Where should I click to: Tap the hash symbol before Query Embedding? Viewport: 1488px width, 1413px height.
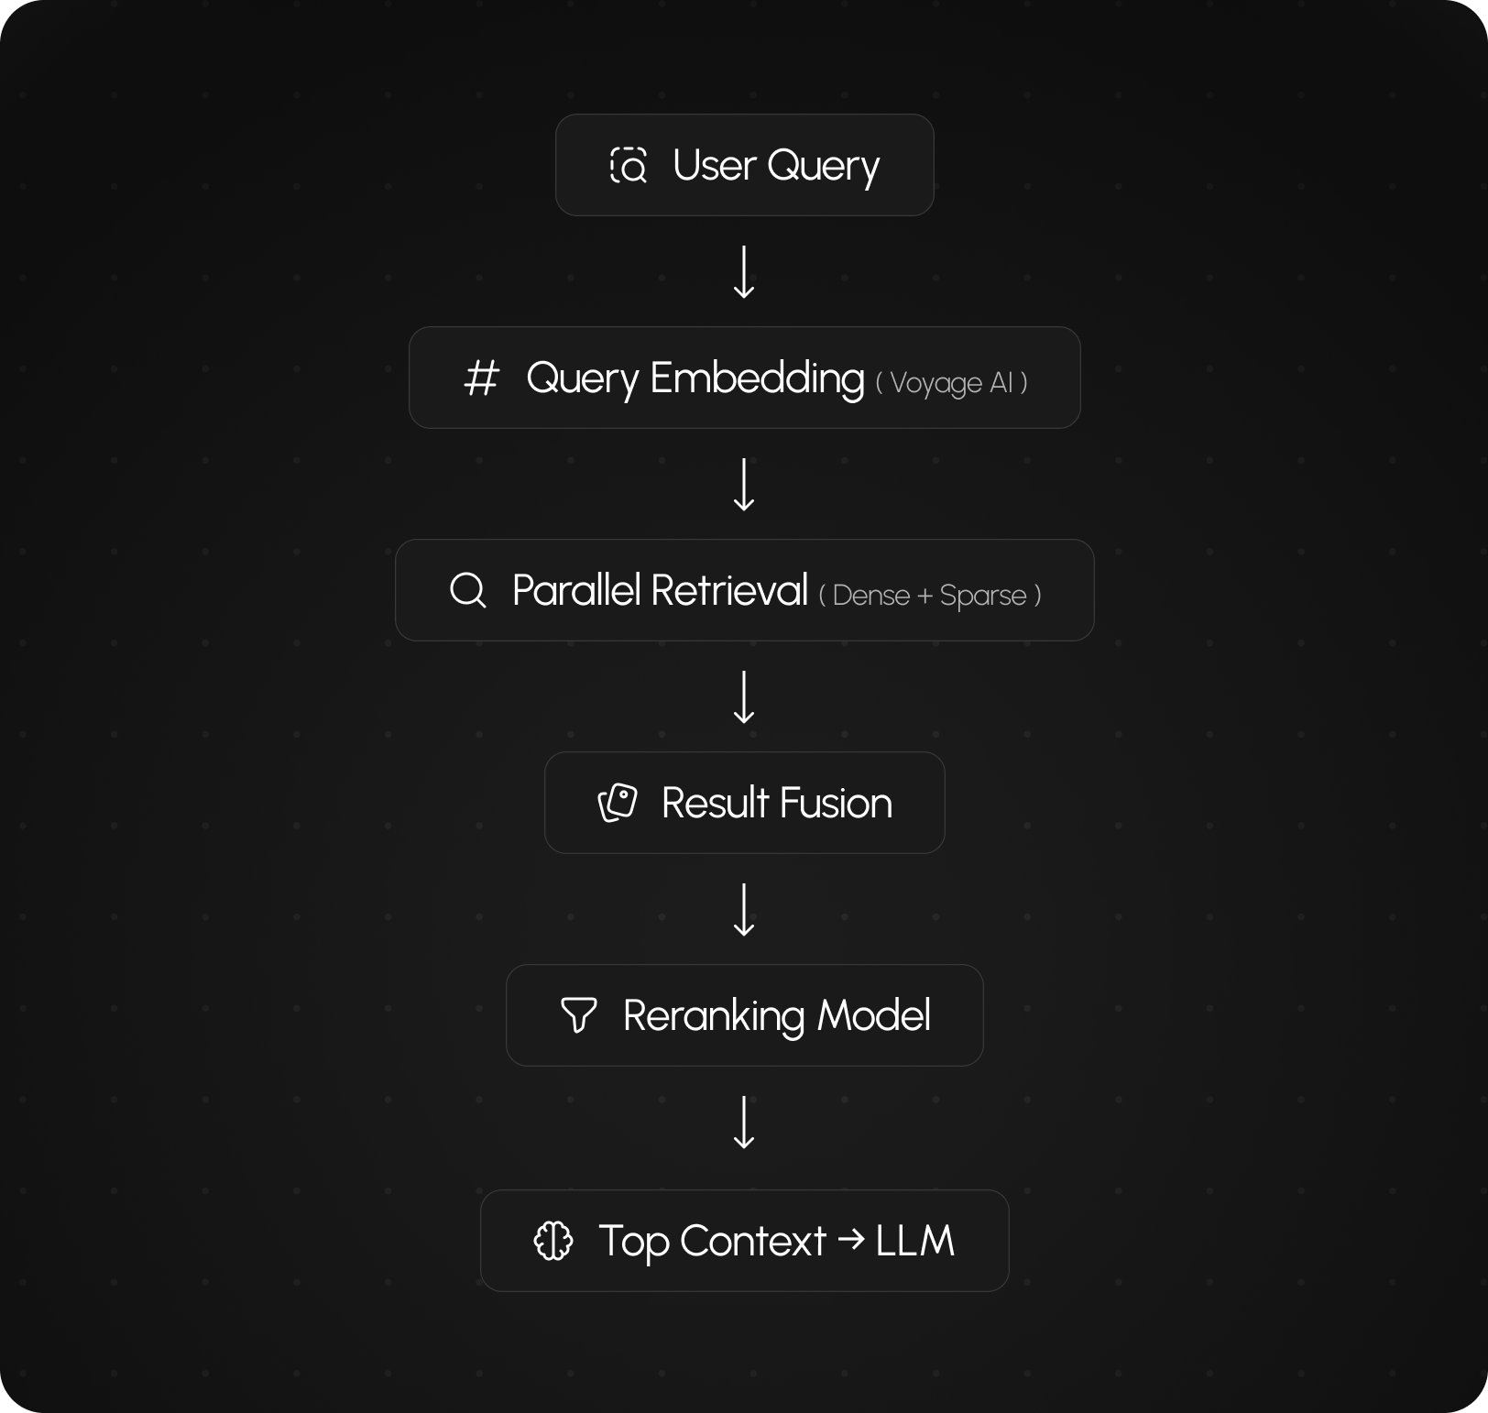(481, 378)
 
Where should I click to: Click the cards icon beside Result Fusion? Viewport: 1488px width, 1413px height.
(618, 803)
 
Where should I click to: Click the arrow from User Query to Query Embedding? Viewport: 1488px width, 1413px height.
(744, 272)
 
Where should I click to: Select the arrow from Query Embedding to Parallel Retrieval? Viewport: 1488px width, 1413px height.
(744, 485)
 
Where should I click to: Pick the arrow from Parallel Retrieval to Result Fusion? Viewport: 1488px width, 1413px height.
(744, 697)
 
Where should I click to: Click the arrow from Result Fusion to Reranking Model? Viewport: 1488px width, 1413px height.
(744, 910)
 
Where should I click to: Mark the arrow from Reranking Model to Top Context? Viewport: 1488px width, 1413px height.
(744, 1123)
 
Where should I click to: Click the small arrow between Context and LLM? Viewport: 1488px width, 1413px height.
(851, 1240)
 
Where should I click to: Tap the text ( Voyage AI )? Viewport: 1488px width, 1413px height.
(951, 382)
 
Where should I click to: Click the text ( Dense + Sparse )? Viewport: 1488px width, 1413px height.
(930, 596)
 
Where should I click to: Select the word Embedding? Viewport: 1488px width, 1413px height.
(757, 378)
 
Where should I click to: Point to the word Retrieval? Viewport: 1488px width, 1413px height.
(729, 590)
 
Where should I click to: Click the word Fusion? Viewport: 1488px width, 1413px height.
(836, 804)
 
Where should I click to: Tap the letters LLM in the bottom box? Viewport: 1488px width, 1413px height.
(914, 1241)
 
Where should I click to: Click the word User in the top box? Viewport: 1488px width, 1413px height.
(715, 166)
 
